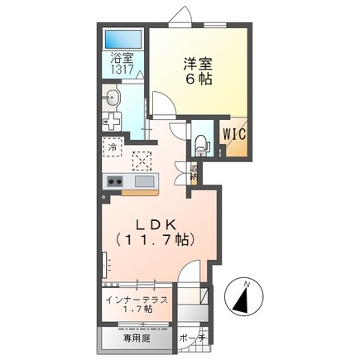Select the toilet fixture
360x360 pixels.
pos(200,142)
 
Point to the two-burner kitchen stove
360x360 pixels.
pos(114,182)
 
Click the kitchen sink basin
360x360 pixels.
pos(143,182)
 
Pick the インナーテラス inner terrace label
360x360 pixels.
pos(137,297)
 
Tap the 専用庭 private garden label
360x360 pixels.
pos(137,338)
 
